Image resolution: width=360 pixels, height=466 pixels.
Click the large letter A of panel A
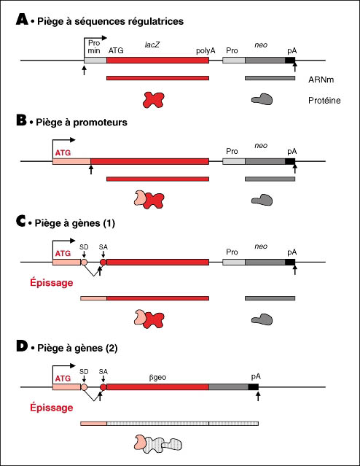pyautogui.click(x=22, y=19)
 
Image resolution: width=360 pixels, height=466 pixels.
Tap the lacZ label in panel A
pyautogui.click(x=152, y=44)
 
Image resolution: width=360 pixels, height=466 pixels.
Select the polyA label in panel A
pyautogui.click(x=206, y=51)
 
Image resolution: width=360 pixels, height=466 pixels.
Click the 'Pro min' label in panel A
pyautogui.click(x=94, y=47)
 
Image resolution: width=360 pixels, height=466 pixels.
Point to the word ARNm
pyautogui.click(x=321, y=79)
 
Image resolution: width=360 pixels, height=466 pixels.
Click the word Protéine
pyautogui.click(x=324, y=101)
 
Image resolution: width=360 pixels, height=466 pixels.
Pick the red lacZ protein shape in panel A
pyautogui.click(x=153, y=100)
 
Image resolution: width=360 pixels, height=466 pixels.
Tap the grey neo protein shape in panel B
pyautogui.click(x=262, y=200)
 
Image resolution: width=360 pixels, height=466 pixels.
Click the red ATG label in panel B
pyautogui.click(x=63, y=152)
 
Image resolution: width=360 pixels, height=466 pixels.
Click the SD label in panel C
pyautogui.click(x=84, y=247)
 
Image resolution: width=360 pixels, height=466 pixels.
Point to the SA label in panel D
pyautogui.click(x=103, y=372)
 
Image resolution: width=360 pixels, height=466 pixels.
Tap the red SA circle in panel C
pyautogui.click(x=103, y=262)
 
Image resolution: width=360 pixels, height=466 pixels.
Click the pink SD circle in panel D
pyautogui.click(x=84, y=387)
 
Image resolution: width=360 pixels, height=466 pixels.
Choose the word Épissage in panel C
pyautogui.click(x=52, y=283)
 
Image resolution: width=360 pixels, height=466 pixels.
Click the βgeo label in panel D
pyautogui.click(x=157, y=378)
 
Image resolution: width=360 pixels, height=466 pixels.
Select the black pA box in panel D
pyautogui.click(x=254, y=387)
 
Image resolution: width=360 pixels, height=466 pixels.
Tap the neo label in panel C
pyautogui.click(x=261, y=246)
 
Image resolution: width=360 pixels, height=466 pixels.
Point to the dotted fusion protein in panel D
pyautogui.click(x=158, y=443)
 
